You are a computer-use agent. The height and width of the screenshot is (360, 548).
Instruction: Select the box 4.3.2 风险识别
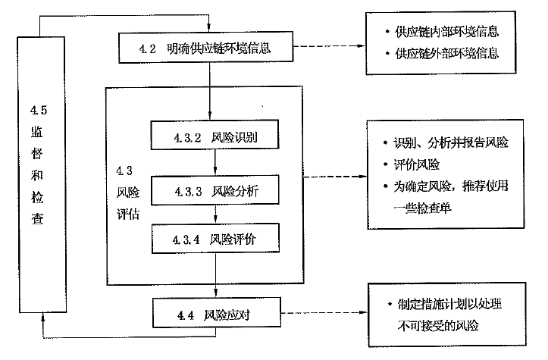[216, 139]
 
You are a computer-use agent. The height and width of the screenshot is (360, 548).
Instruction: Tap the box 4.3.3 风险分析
[216, 192]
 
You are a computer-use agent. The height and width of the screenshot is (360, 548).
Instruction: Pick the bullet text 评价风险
[416, 163]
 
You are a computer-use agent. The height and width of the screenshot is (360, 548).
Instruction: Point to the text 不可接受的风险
[435, 326]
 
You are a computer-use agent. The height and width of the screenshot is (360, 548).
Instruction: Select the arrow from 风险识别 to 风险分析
[216, 165]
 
